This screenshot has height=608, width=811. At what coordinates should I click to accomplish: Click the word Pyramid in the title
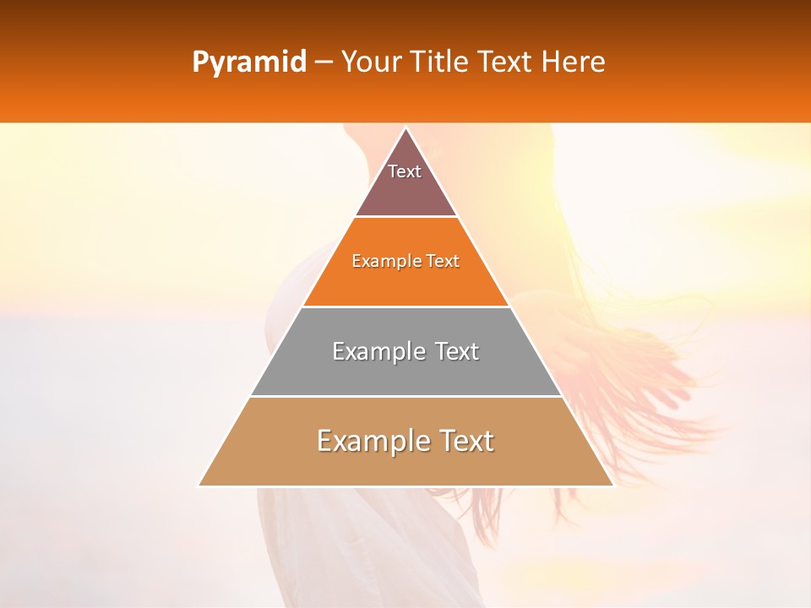[x=248, y=62]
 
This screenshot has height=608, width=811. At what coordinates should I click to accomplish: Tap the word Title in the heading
[x=442, y=62]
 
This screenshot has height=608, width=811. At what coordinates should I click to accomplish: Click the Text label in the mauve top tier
[x=405, y=171]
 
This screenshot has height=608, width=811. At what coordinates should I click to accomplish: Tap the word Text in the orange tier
[x=443, y=261]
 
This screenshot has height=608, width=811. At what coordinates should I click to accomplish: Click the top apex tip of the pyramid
[x=406, y=128]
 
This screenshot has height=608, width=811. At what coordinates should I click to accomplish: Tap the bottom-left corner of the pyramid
[x=199, y=486]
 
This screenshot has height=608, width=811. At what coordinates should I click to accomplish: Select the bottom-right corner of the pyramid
[x=613, y=486]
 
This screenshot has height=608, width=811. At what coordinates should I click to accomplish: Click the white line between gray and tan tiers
[x=406, y=396]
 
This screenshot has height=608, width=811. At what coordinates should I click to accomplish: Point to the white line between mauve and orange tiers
[x=406, y=217]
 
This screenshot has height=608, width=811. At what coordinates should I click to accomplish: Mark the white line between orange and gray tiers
[x=406, y=307]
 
